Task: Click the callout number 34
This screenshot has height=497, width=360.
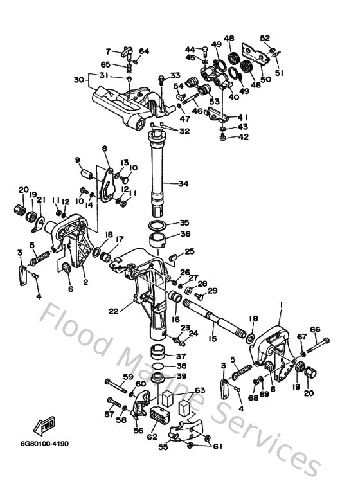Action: (x=184, y=184)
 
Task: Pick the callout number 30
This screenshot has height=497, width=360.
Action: (x=78, y=80)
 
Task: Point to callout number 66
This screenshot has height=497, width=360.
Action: (x=315, y=330)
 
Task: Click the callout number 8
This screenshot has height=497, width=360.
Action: (x=104, y=149)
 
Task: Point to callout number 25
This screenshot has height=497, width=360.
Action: (x=188, y=251)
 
